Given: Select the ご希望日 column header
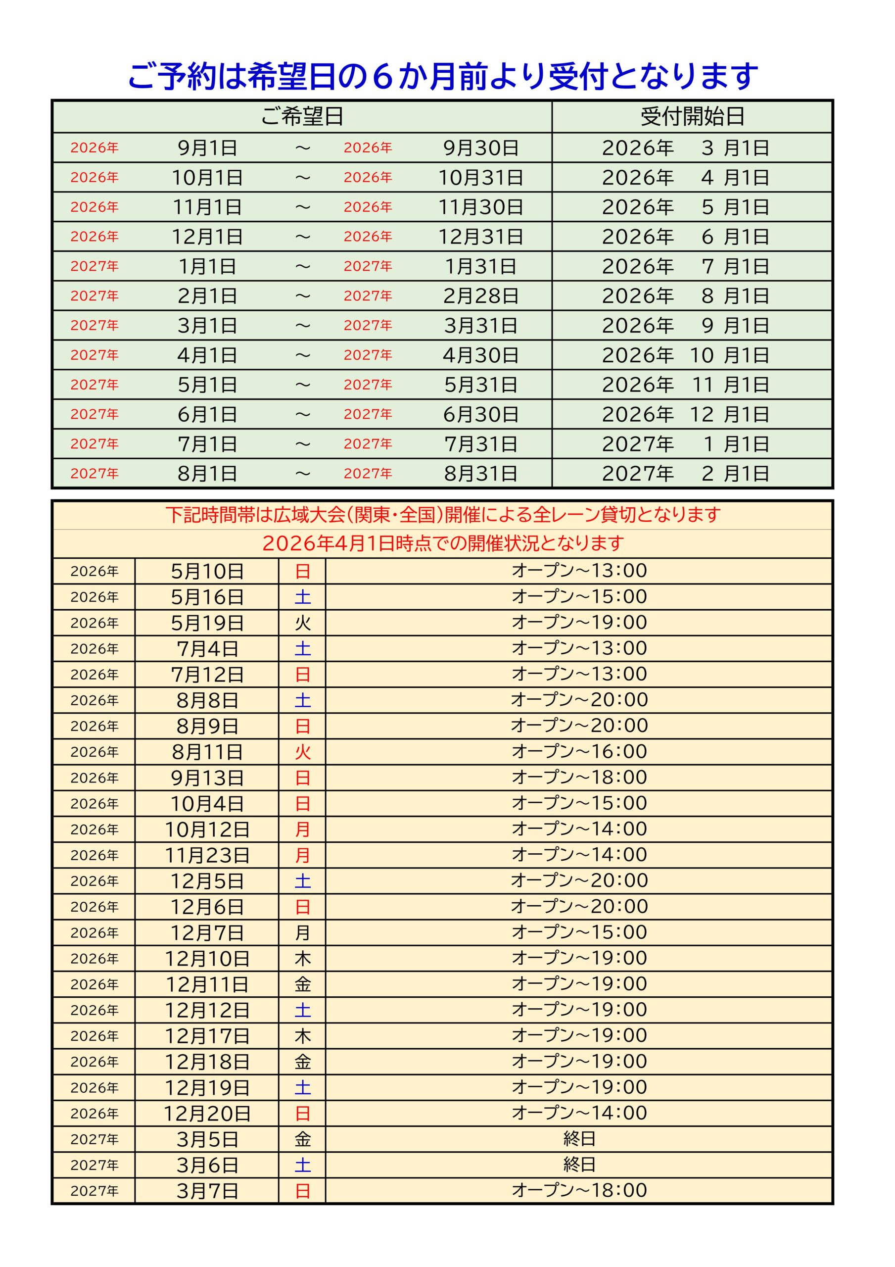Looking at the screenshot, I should (x=302, y=116).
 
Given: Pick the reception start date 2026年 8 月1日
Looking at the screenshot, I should (x=685, y=296).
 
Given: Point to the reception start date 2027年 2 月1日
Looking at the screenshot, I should (x=685, y=474).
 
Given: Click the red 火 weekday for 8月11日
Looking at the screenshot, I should (x=302, y=752).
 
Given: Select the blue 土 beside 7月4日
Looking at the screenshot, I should (x=302, y=649).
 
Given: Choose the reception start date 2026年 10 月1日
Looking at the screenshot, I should (x=685, y=355).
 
